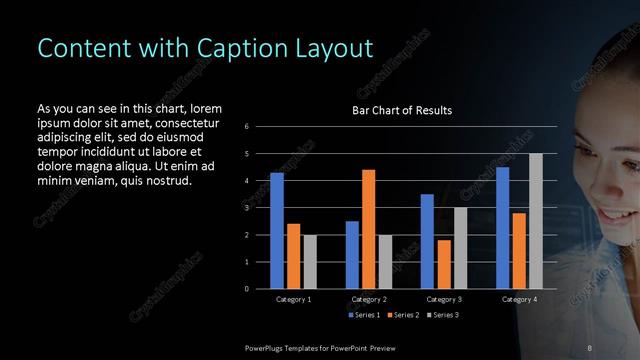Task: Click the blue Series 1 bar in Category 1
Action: pos(277,231)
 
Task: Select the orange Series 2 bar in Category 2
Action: pos(368,229)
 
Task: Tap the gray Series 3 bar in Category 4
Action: pos(535,221)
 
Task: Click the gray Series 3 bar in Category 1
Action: pos(309,262)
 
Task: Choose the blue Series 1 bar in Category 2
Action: pos(352,255)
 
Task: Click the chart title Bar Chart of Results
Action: pos(402,110)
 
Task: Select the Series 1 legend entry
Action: pos(364,315)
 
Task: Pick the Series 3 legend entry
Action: pos(443,315)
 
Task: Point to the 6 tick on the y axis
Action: pos(247,127)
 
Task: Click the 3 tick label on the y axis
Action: pos(247,208)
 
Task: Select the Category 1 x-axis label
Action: pos(293,299)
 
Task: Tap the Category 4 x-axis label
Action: pos(518,299)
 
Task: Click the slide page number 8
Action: pos(589,347)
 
